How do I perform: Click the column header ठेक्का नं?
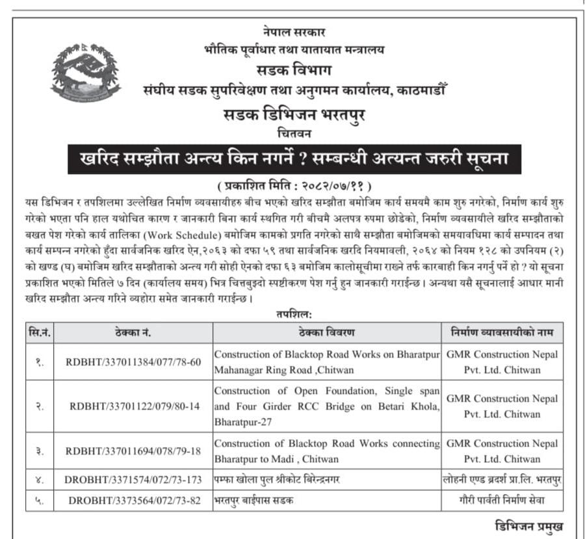[x=133, y=333]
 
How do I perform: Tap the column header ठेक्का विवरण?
[x=327, y=333]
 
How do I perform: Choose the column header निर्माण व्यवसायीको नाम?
[x=502, y=333]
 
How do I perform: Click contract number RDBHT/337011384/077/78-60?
[x=133, y=362]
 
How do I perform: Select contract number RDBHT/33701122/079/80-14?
[x=133, y=406]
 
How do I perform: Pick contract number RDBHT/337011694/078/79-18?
[x=133, y=451]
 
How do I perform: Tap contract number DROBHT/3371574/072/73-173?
[x=133, y=480]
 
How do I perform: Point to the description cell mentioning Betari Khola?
[x=327, y=406]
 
